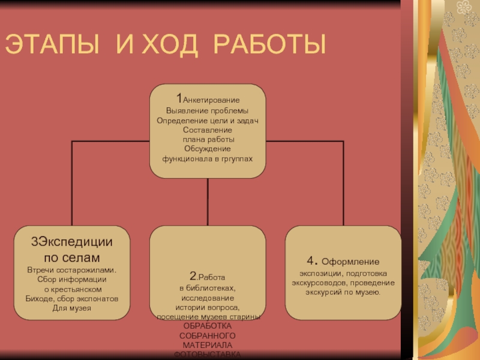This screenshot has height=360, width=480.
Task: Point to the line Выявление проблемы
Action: point(207,111)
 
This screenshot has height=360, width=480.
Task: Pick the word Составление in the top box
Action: point(207,130)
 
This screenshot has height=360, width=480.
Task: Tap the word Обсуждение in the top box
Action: point(207,149)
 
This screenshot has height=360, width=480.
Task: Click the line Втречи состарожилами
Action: point(72,269)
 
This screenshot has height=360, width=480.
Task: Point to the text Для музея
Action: point(72,308)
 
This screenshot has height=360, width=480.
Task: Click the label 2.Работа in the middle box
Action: point(207,277)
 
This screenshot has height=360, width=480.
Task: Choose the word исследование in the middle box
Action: point(207,298)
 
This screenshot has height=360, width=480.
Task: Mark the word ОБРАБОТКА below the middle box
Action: point(207,326)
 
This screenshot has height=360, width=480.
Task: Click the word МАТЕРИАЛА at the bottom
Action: point(207,345)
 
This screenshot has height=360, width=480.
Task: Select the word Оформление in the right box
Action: point(350,262)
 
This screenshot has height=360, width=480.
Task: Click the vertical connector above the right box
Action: point(343,183)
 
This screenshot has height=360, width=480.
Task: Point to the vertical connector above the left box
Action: point(72,183)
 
